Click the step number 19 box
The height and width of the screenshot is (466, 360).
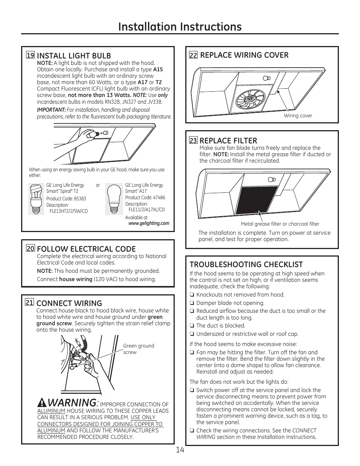(30, 55)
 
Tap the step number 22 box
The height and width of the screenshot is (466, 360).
(193, 55)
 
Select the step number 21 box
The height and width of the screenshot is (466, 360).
(29, 302)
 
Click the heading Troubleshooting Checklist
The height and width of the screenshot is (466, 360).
(246, 265)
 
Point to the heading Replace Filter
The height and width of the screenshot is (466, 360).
(228, 140)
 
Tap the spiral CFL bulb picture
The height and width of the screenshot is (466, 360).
(37, 199)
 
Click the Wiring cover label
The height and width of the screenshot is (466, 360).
(298, 116)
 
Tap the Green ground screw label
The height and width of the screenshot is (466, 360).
(138, 349)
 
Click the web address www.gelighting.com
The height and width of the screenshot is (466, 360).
(149, 223)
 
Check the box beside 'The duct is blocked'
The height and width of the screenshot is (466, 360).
(192, 326)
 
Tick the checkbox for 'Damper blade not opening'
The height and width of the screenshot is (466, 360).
(192, 303)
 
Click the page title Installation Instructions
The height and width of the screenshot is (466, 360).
(180, 26)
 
